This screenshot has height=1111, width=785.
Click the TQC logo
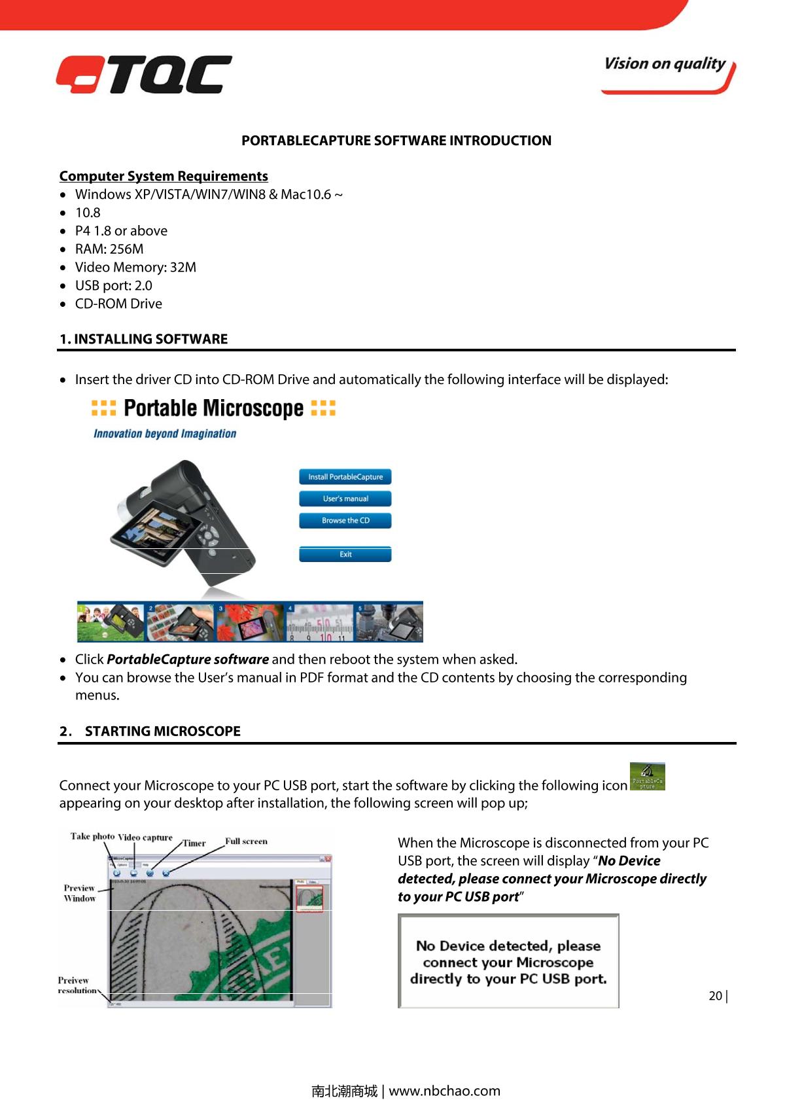pos(144,74)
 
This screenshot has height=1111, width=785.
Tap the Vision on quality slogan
pos(665,64)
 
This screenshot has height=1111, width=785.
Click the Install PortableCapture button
pos(345,477)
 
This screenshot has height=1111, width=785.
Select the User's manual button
pos(345,499)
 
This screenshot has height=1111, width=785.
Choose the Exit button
pos(345,554)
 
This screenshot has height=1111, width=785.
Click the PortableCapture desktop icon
pos(647,777)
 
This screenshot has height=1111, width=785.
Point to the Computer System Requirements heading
pos(164,176)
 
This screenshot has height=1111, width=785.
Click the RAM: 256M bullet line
pos(109,249)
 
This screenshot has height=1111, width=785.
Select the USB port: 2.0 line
pos(113,286)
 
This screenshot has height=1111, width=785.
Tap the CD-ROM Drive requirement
pos(118,304)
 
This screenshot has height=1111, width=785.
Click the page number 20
pos(716,996)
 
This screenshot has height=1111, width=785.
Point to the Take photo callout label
pos(92,837)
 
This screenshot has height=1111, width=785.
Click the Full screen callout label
pos(246,841)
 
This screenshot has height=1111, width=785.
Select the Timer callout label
pos(194,843)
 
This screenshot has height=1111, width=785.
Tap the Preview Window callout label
pos(80,893)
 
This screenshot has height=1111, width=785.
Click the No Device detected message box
pos(508,962)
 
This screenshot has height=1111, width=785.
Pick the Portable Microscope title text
pos(213,408)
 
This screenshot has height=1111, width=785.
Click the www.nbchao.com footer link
pos(444,1091)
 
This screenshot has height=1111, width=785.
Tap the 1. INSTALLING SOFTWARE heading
pos(144,339)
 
